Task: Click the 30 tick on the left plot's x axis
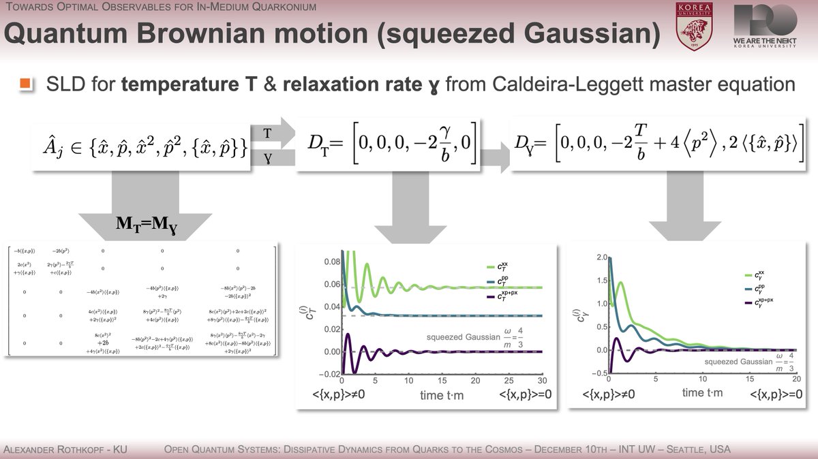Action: coord(543,381)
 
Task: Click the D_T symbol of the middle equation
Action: coord(316,145)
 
